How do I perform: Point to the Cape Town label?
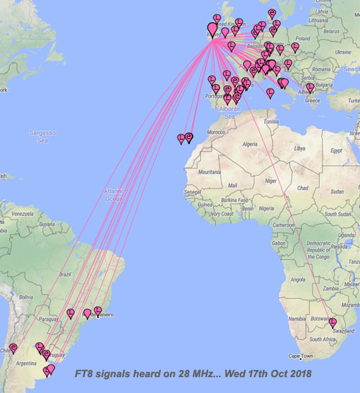302,356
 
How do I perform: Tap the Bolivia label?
27,296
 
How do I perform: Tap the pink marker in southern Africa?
333,322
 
